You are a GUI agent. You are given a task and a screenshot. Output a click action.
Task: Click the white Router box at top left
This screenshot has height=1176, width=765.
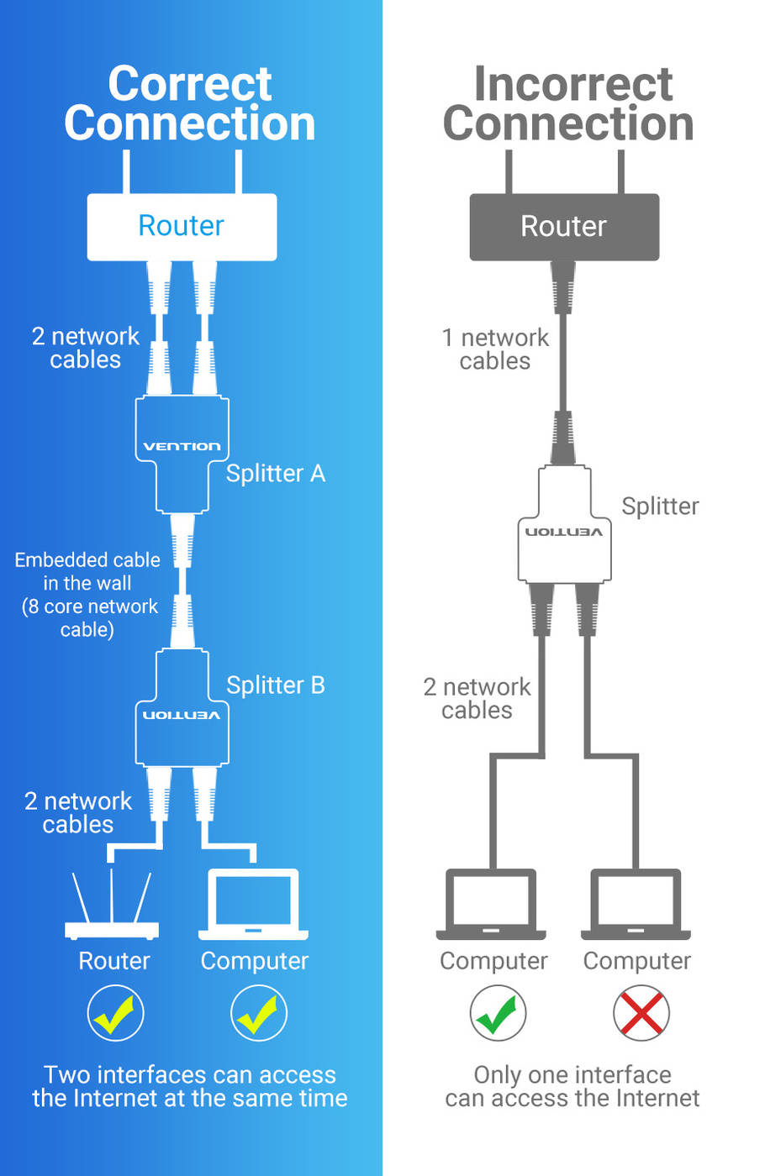coord(182,226)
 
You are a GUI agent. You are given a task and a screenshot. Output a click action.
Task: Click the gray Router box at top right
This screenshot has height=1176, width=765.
coord(563,227)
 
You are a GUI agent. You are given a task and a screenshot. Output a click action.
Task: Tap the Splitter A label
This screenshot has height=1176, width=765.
coord(275,474)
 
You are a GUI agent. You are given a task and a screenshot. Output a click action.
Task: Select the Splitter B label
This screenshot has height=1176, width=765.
coord(275,685)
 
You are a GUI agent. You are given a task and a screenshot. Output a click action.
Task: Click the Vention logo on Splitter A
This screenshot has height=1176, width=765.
coord(182,446)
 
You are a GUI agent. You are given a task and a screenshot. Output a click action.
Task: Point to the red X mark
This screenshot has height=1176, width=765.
coord(641,1013)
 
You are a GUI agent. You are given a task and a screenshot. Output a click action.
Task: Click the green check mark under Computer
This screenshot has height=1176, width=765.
coord(498,1013)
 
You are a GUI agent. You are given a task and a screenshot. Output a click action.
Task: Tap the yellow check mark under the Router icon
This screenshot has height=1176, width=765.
coord(115,1013)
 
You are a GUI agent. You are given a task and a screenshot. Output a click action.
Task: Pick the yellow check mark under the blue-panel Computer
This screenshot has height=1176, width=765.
coord(259,1013)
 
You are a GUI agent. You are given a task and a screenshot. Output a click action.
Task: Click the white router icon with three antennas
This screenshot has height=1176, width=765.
coord(112,907)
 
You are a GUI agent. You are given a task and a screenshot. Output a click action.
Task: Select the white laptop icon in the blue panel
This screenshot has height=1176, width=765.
coord(253,905)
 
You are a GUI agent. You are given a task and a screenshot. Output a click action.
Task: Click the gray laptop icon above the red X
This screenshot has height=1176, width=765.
coord(636,905)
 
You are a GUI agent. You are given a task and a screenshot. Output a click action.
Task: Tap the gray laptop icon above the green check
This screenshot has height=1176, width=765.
coord(491,905)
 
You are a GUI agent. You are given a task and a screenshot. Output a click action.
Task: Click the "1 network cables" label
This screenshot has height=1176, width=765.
coord(495,349)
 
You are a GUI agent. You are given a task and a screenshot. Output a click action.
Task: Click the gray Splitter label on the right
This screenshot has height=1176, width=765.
coord(660,507)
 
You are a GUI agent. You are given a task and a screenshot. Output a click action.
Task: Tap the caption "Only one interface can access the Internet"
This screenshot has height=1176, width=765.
coord(572,1086)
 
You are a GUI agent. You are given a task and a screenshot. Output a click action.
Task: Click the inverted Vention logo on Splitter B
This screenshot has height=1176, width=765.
coord(182,715)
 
